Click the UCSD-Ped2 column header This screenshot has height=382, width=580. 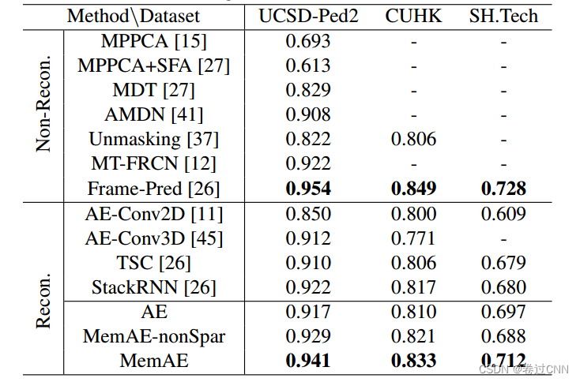tap(308, 16)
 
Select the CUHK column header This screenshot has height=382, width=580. tap(414, 16)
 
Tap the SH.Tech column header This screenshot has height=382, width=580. tap(503, 16)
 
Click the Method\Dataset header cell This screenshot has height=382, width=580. tap(134, 16)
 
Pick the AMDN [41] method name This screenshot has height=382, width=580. tap(154, 115)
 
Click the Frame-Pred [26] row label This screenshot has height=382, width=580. tap(154, 189)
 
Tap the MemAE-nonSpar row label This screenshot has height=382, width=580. tap(154, 336)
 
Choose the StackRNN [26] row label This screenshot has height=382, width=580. tap(154, 287)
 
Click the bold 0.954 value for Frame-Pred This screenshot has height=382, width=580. tap(308, 189)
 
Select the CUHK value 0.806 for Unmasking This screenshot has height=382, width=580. tap(414, 140)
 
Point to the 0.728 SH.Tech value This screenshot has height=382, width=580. tap(503, 189)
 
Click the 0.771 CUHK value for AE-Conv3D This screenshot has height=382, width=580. tap(414, 238)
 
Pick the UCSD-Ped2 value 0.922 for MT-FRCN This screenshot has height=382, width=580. tap(308, 164)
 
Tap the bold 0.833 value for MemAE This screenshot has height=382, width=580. tap(414, 361)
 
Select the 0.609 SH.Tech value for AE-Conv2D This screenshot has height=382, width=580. tap(503, 214)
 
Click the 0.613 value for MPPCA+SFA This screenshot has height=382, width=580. tap(308, 66)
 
